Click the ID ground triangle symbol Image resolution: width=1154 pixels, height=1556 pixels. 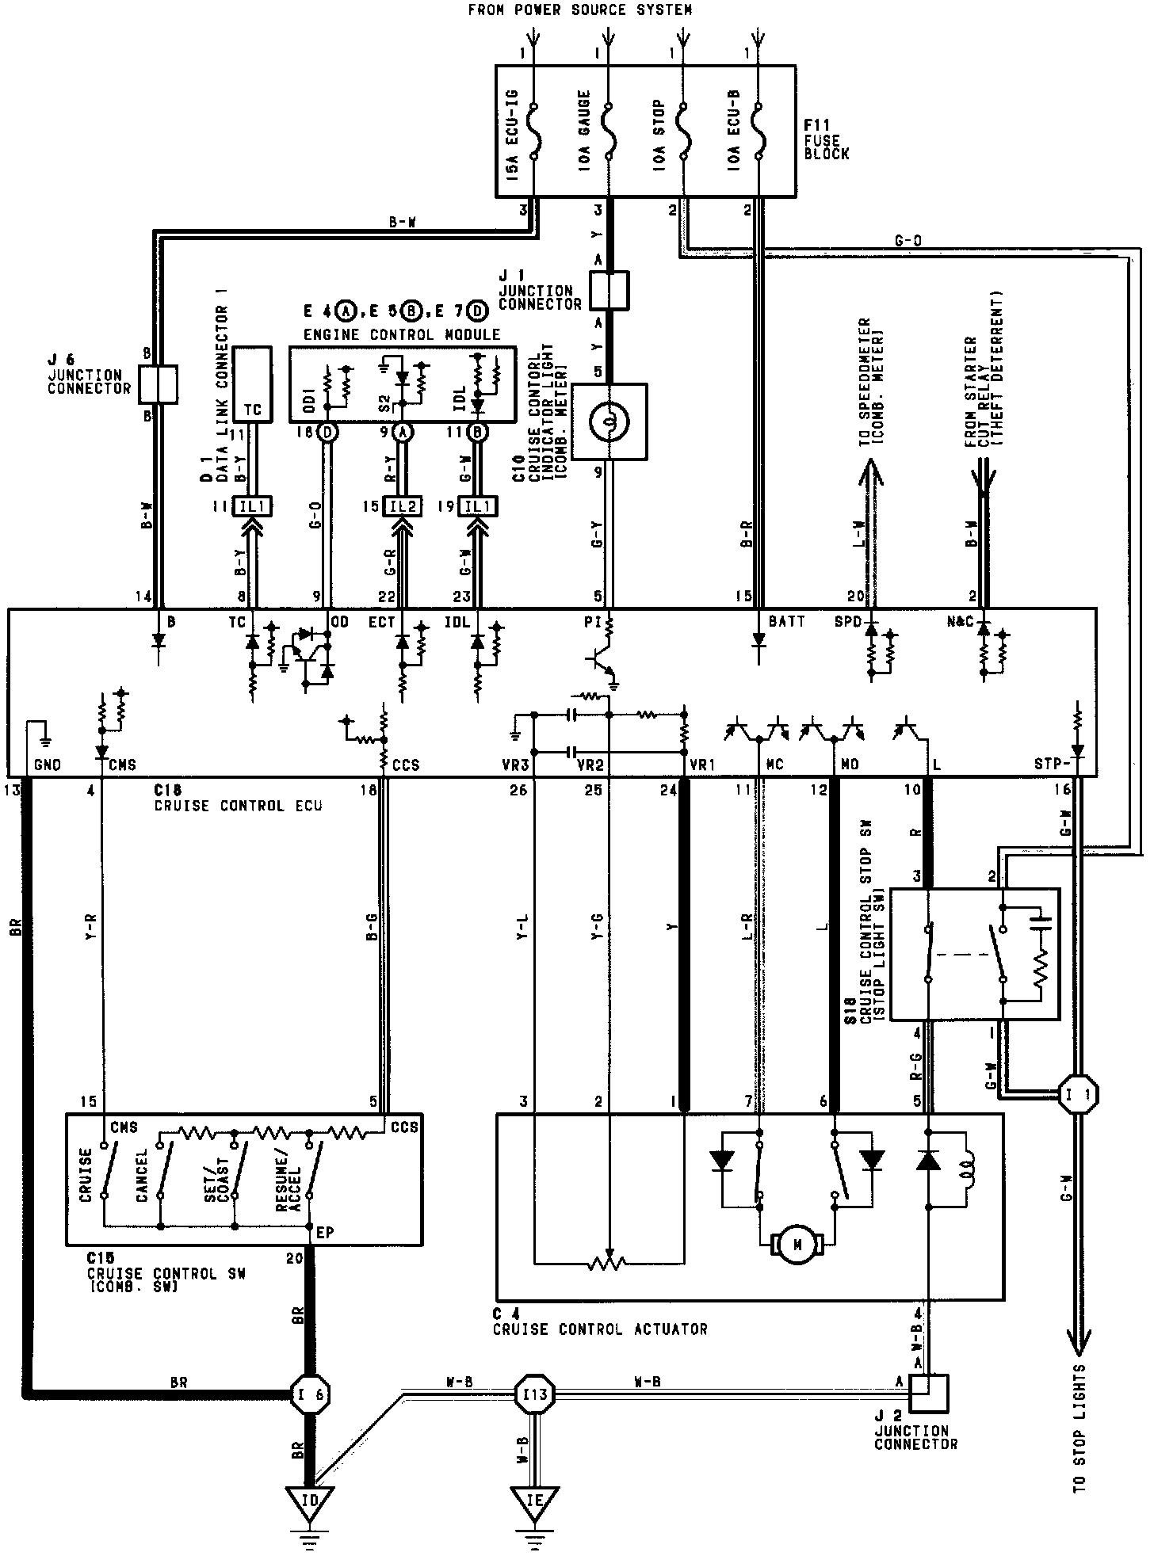[309, 1501]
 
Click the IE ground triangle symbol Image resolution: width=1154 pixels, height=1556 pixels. [536, 1501]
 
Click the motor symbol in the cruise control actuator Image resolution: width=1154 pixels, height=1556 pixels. [798, 1246]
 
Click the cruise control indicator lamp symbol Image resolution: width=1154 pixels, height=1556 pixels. [609, 421]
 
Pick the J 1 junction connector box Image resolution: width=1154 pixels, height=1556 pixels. [609, 290]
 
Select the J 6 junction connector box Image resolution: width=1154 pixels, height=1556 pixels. [157, 384]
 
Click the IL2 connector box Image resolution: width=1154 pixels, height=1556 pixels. [403, 507]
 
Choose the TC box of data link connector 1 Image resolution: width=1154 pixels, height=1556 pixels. [252, 384]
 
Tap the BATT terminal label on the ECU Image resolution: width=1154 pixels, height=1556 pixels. [787, 623]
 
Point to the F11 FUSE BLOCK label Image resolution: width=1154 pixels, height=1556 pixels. [827, 140]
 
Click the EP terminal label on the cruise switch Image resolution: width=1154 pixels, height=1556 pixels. [324, 1233]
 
